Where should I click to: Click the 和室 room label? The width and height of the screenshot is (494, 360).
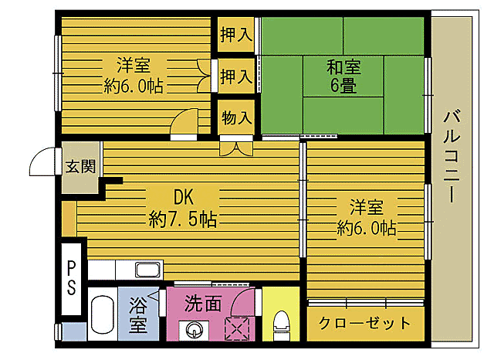click(x=342, y=66)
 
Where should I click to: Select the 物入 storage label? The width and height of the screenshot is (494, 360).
click(x=236, y=117)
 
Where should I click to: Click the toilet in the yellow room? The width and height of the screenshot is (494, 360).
click(x=282, y=324)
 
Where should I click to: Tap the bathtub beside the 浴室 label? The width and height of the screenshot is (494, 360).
click(x=101, y=317)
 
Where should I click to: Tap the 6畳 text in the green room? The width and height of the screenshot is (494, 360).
click(x=343, y=86)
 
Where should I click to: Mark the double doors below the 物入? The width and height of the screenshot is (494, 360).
click(x=235, y=144)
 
